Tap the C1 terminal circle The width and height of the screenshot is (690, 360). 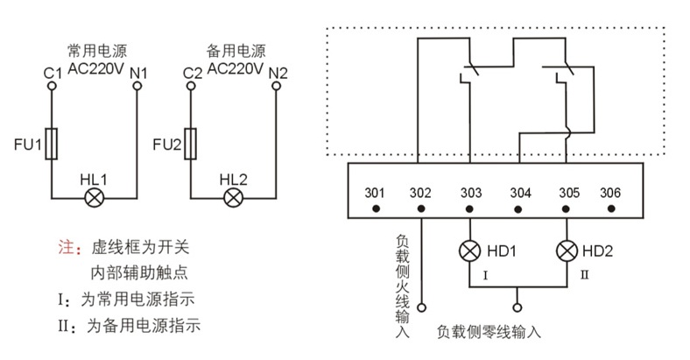click(51, 88)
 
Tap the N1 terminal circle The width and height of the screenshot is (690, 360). click(137, 88)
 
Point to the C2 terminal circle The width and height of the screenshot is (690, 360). click(190, 88)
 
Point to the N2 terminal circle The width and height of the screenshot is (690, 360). click(277, 88)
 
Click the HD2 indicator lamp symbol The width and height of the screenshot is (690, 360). click(567, 251)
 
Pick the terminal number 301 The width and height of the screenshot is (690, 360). click(375, 193)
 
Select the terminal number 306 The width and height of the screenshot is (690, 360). click(610, 193)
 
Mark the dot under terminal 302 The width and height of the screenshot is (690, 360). click(421, 209)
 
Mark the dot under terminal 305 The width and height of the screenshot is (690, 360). click(567, 209)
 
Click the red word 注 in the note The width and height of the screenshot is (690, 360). click(64, 247)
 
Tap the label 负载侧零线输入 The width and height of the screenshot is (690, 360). click(489, 333)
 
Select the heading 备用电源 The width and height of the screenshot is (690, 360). click(236, 50)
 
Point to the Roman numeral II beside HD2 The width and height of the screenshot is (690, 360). click(583, 276)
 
